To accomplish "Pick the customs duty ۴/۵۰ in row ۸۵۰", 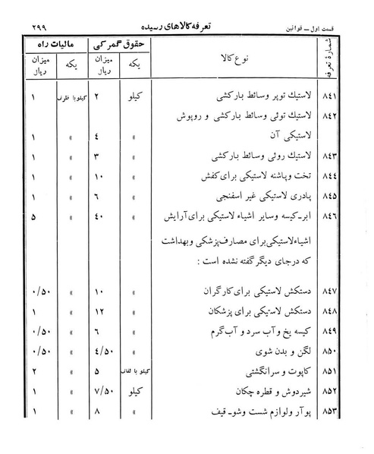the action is coord(107,352).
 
